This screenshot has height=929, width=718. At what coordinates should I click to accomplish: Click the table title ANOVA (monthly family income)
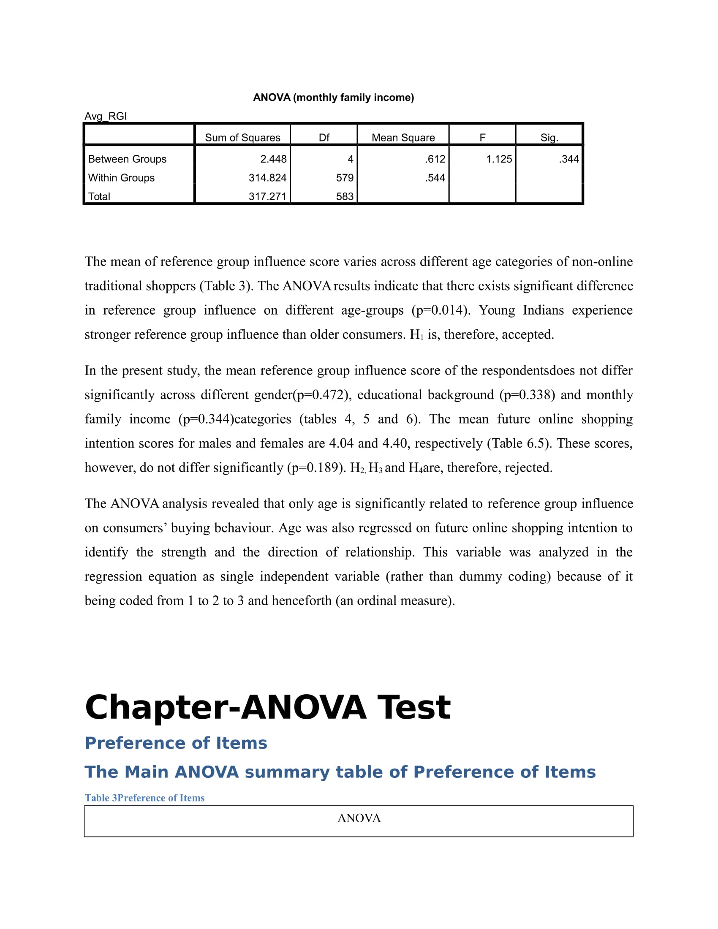click(334, 98)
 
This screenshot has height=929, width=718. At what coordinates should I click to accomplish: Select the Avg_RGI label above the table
click(106, 116)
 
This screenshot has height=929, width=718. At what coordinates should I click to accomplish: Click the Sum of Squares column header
click(242, 137)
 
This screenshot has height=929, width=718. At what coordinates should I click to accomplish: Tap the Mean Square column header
click(403, 137)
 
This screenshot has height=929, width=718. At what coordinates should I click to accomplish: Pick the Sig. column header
click(549, 137)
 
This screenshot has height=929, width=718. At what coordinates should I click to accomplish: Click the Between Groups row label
click(127, 159)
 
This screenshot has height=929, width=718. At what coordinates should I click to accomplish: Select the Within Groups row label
click(121, 178)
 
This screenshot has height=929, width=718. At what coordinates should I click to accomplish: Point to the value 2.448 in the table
click(274, 159)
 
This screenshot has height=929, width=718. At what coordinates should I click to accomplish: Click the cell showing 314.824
click(267, 178)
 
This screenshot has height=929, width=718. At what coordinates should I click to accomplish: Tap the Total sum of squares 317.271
click(267, 196)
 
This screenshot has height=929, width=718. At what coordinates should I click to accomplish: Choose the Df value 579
click(345, 178)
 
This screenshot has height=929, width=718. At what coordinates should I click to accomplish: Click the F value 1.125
click(499, 159)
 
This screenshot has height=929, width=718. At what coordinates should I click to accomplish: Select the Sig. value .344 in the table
click(569, 159)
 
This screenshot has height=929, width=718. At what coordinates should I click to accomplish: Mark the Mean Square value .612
click(435, 159)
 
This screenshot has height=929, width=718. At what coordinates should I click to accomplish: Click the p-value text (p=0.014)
click(441, 310)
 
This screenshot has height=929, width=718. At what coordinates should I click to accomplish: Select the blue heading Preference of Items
click(176, 743)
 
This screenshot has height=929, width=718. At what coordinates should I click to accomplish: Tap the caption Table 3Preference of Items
click(144, 798)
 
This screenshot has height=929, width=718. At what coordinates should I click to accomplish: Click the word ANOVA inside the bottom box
click(359, 818)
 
